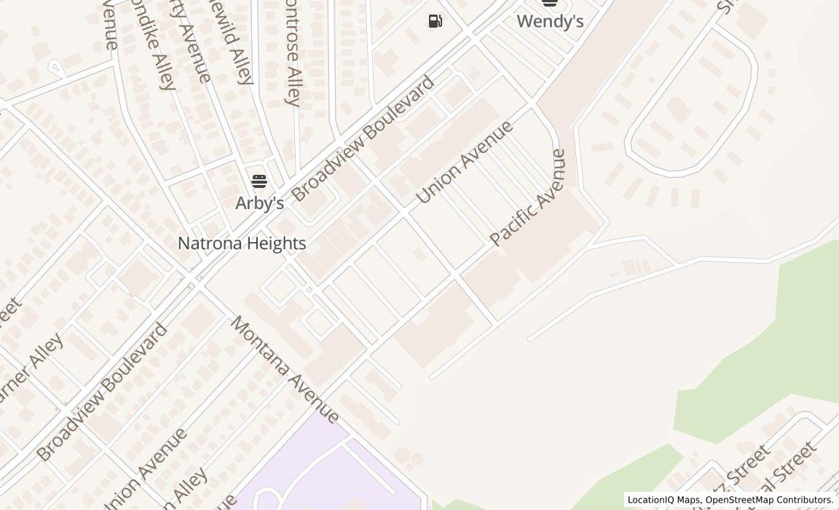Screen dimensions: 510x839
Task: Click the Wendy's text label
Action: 550,22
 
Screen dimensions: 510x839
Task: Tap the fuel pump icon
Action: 435,21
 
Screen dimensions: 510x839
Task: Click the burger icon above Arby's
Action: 259,181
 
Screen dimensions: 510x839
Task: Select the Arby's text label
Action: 259,203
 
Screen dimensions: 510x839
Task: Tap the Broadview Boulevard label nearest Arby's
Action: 363,138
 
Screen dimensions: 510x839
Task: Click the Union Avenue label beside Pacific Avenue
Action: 464,162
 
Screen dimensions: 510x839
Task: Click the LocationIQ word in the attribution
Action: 653,500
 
